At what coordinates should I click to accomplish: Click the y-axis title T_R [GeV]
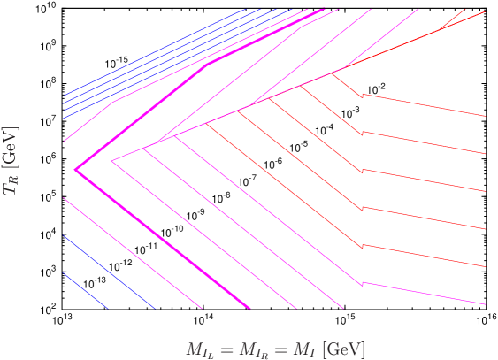click(x=11, y=160)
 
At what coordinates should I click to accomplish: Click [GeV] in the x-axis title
click(x=344, y=349)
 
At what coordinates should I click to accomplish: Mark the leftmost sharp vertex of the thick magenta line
click(x=75, y=169)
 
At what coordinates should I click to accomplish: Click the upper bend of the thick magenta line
click(x=208, y=64)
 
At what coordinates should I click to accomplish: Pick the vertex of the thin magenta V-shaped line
click(x=111, y=161)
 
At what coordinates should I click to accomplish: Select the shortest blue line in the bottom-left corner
click(x=85, y=291)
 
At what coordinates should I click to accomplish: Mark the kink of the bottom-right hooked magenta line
click(x=362, y=284)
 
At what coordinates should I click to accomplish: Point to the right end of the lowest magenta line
click(x=486, y=304)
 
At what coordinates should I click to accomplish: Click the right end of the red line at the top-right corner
click(x=486, y=11)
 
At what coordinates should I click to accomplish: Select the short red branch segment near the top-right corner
click(x=452, y=19)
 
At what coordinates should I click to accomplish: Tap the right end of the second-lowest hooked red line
click(x=486, y=266)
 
